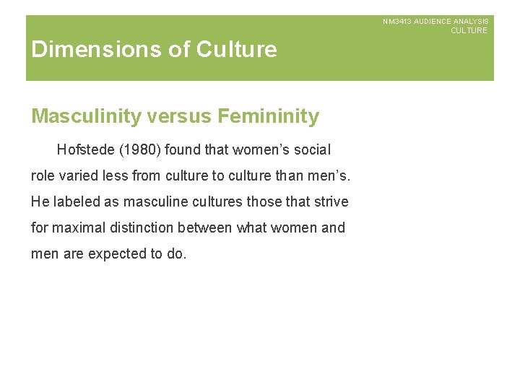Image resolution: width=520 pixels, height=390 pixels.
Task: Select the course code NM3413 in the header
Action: click(x=396, y=22)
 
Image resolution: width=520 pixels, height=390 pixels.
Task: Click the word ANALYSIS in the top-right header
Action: click(x=471, y=22)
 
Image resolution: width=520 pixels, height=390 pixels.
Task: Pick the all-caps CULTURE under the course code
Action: click(x=469, y=30)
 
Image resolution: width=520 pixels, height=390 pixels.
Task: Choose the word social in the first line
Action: click(x=312, y=150)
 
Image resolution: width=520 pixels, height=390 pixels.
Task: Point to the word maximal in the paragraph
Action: click(x=77, y=227)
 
